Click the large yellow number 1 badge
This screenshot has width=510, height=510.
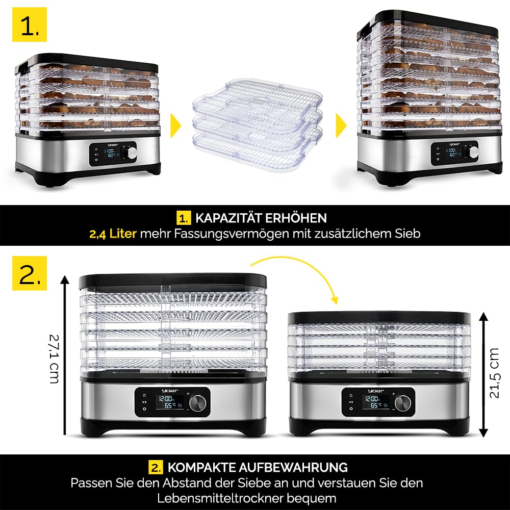point(30,24)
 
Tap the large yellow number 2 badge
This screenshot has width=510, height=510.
point(30,273)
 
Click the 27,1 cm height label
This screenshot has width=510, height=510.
point(55,359)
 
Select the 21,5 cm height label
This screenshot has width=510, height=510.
point(494,373)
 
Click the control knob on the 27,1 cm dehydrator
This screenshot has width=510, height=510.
point(198,403)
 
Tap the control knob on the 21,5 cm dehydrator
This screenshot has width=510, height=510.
point(403,403)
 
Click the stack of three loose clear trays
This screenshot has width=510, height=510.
point(258,125)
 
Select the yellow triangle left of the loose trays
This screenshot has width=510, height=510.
point(175,125)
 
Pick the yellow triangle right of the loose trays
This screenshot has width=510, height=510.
point(341,125)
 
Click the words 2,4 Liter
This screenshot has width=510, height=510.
point(113,234)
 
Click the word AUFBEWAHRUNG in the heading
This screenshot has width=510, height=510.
point(293,467)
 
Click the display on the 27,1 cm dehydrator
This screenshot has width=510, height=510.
point(169,402)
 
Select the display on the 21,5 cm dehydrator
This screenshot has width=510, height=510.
point(376,402)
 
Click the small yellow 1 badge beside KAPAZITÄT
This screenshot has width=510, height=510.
point(184,218)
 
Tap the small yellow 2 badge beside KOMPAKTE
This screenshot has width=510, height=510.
point(156,467)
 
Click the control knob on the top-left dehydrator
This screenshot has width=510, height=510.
point(132,153)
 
